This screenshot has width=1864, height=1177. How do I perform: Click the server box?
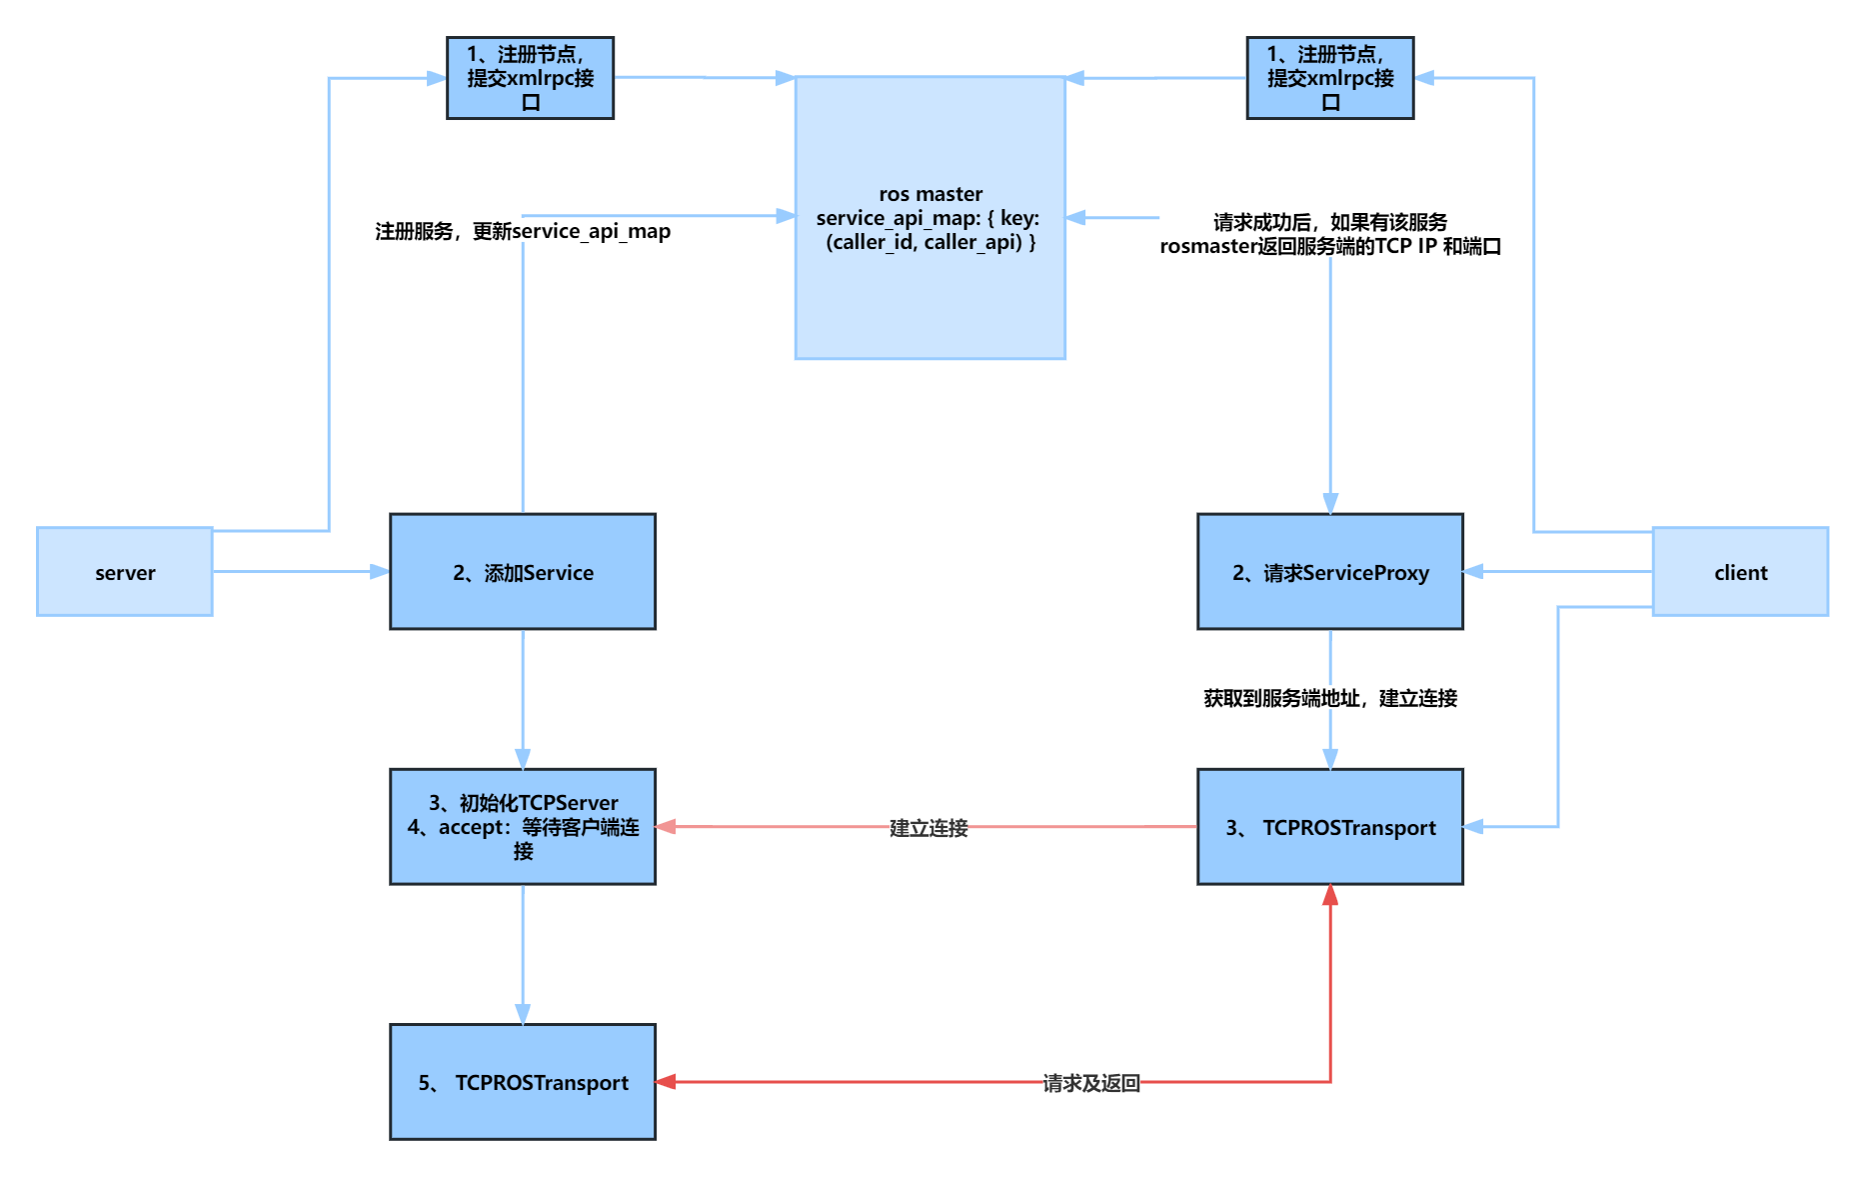coord(125,572)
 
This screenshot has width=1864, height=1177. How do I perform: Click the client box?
coord(1740,572)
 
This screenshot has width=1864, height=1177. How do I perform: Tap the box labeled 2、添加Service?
coord(523,572)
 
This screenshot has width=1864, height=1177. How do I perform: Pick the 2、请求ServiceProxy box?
coord(1330,572)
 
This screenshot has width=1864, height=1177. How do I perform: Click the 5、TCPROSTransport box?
coord(523,1082)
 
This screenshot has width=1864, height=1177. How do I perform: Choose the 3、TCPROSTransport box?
coord(1330,827)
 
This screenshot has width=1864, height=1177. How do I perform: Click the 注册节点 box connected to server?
coord(530,78)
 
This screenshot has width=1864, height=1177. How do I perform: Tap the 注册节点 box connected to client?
coord(1330,78)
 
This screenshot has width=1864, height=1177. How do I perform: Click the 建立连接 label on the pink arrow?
coord(929,828)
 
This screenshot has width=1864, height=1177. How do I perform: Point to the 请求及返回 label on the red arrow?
coord(1091,1083)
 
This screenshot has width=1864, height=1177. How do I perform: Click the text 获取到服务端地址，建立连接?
coord(1330,698)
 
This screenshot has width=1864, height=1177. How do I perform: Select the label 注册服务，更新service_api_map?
coord(523,231)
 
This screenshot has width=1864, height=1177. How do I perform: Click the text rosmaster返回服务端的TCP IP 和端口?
coord(1330,246)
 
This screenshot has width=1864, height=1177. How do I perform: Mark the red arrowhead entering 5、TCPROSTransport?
coord(667,1082)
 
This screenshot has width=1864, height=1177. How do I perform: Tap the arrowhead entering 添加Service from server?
coord(379,572)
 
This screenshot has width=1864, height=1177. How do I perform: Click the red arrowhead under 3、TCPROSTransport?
coord(1330,896)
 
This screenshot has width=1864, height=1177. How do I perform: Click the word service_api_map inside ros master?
coord(896,218)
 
